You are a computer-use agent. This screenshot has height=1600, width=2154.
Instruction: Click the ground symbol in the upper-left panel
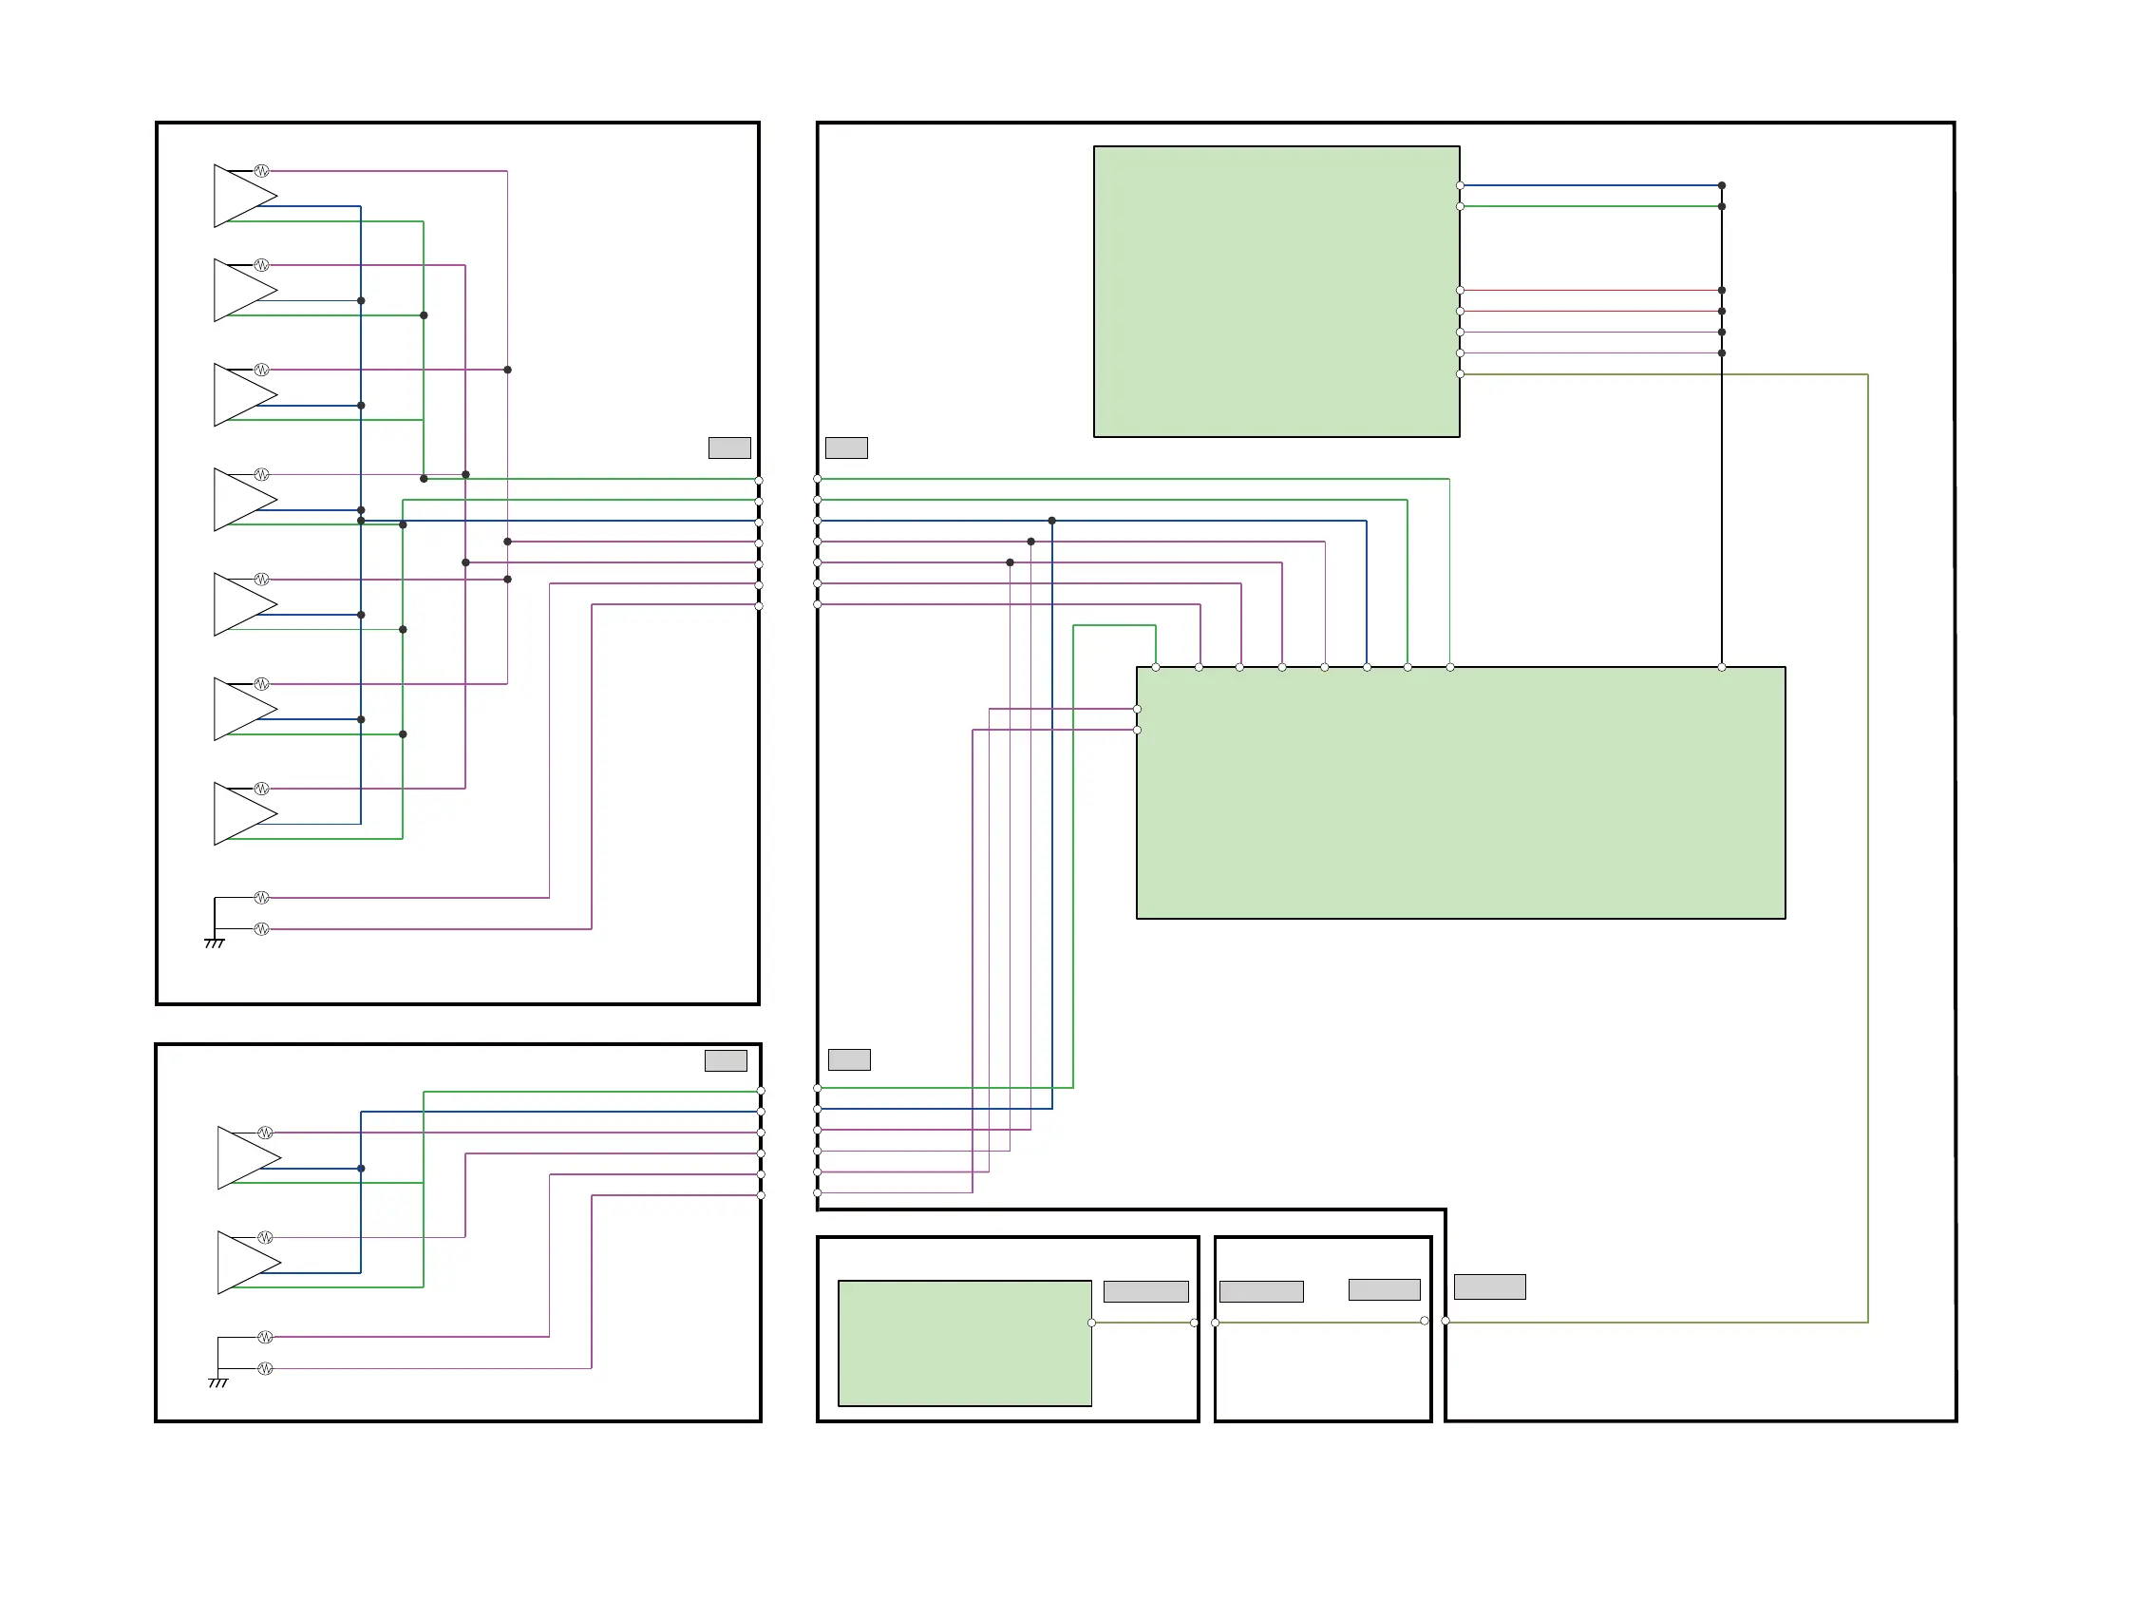coord(215,942)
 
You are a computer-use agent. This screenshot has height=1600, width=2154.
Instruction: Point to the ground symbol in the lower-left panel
coord(218,1382)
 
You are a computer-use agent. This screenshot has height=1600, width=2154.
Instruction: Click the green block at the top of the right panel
coord(1275,292)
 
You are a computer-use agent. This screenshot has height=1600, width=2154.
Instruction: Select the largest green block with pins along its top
coord(1460,792)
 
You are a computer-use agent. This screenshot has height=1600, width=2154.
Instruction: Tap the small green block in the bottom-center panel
coord(964,1343)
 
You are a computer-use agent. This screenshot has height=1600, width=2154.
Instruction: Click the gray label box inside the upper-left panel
coord(729,448)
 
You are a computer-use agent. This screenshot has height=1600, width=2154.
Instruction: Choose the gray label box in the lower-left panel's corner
coord(725,1060)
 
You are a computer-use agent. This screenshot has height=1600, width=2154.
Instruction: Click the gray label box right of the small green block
coord(1145,1291)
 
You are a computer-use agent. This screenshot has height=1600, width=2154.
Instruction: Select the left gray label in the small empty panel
coord(1260,1291)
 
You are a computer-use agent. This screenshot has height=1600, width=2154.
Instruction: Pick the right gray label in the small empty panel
coord(1384,1289)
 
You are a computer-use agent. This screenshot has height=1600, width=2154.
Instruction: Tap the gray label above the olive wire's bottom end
coord(1489,1286)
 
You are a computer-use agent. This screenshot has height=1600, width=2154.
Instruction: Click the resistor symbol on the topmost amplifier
coord(261,171)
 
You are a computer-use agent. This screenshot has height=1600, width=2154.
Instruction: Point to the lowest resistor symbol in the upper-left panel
coord(261,929)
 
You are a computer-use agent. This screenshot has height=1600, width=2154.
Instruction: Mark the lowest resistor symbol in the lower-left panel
coord(265,1368)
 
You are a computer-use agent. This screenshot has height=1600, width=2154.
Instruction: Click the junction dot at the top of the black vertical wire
coord(1721,185)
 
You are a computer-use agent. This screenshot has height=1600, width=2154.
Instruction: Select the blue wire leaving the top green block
coord(1588,185)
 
